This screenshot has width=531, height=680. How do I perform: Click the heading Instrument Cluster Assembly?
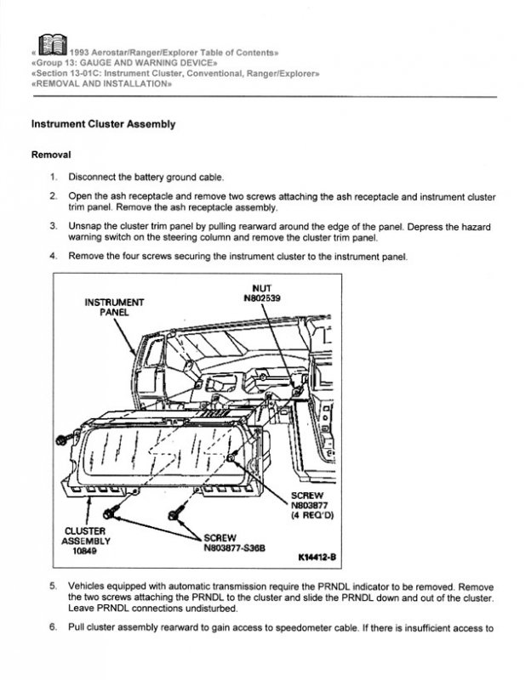103,124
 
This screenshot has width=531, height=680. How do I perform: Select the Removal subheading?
50,156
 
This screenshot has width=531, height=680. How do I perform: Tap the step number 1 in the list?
53,178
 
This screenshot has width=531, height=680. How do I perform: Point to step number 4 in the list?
53,256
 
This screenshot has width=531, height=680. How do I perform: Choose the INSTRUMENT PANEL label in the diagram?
114,306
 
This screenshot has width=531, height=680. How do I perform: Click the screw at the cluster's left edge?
62,439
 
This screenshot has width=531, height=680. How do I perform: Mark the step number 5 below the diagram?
53,586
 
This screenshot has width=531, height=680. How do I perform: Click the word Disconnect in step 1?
96,178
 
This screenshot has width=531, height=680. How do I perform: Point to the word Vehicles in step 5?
88,586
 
